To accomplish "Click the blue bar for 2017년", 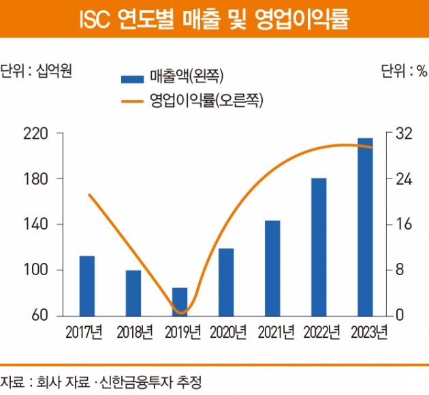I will (87, 286).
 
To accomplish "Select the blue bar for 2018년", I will (133, 293).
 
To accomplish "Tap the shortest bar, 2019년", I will (180, 302).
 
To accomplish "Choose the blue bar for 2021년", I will (272, 268).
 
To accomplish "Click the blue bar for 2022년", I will (319, 247).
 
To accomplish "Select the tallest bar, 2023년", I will (365, 227).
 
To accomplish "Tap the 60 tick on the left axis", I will (37, 316).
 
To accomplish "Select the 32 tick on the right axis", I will (404, 133).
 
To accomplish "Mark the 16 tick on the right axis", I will (404, 225).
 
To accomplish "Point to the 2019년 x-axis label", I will (180, 333).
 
